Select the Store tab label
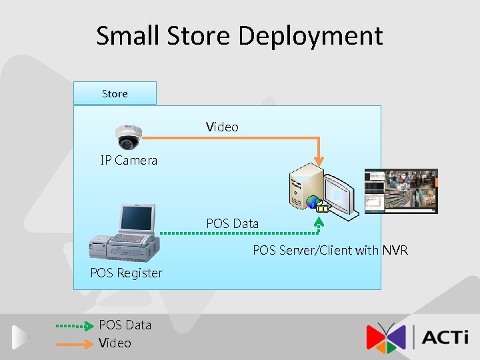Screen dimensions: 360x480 (115, 94)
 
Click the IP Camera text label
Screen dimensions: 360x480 (129, 161)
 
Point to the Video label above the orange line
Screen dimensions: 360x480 (222, 127)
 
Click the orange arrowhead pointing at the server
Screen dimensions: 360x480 (319, 161)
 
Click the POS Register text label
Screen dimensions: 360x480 (126, 273)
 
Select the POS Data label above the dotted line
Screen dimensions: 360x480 (232, 223)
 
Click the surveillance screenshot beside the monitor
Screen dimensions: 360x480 (401, 191)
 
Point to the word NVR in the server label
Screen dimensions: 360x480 (395, 251)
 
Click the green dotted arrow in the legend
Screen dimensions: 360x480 (74, 326)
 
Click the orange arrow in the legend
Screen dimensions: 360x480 (74, 344)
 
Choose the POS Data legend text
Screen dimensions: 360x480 (125, 325)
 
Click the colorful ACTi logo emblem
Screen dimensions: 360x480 (386, 337)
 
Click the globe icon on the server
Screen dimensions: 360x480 (313, 202)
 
